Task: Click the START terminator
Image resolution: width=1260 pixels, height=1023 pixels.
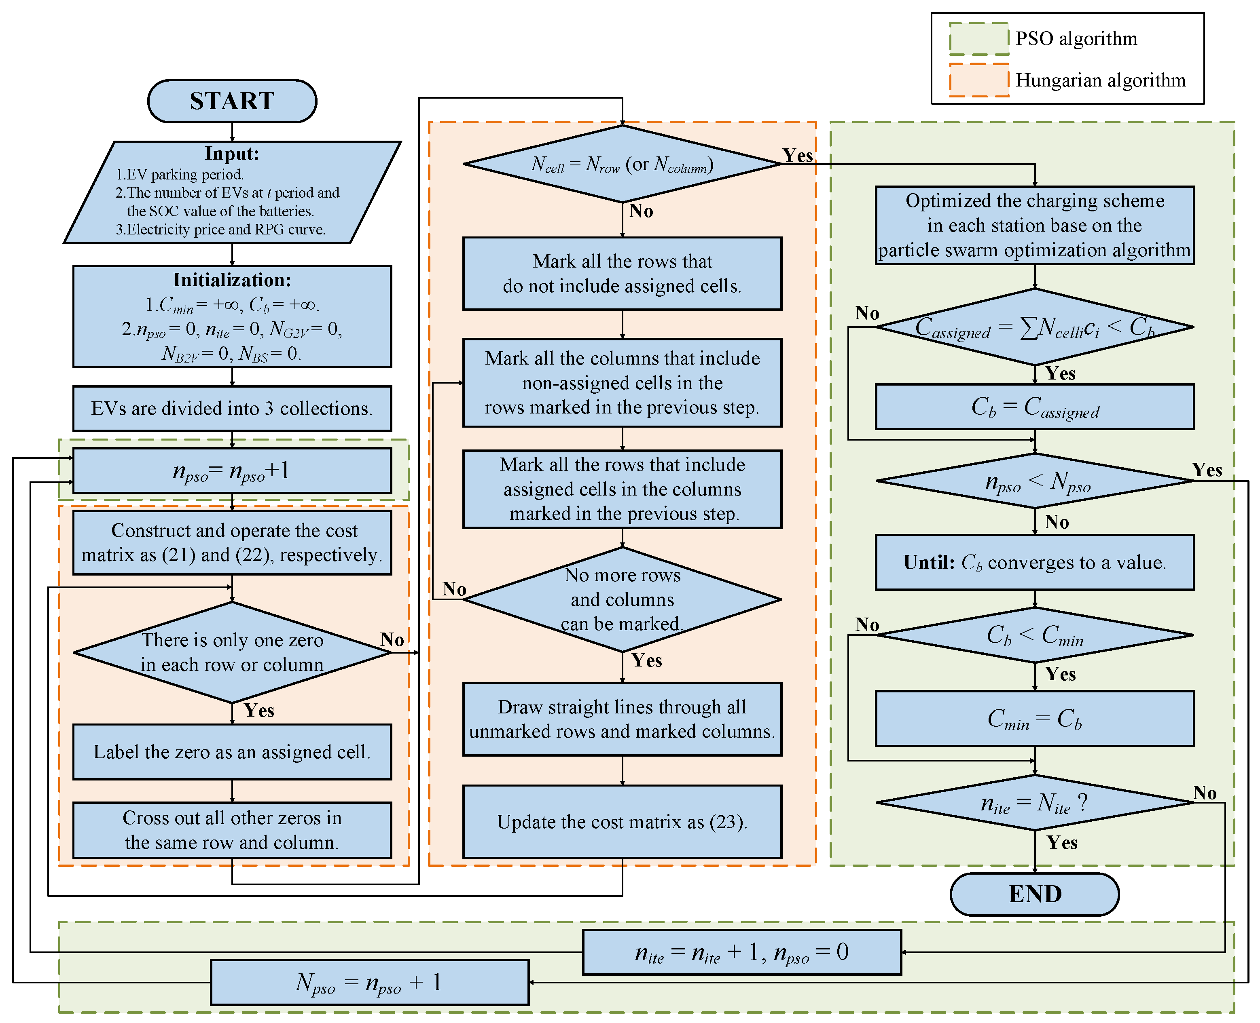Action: pos(232,101)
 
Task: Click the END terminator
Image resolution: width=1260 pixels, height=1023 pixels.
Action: pos(1034,894)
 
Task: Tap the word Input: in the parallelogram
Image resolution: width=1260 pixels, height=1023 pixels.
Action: pos(232,154)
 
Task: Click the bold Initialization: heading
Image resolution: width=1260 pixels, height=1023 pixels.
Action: pos(232,280)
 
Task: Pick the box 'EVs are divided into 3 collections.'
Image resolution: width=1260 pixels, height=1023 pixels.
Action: pos(232,408)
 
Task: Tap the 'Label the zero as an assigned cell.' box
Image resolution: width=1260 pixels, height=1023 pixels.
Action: pos(232,752)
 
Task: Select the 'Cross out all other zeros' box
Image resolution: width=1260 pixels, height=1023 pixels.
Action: pos(232,830)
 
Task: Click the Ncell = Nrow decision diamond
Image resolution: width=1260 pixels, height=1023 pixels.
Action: pos(622,164)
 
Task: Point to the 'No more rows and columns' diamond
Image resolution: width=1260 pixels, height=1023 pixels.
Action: pos(622,599)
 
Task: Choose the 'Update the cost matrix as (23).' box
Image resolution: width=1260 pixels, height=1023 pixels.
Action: pos(622,821)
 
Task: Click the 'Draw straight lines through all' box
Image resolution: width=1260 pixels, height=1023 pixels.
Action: pos(622,719)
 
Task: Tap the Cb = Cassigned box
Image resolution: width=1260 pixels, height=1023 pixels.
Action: pos(1034,407)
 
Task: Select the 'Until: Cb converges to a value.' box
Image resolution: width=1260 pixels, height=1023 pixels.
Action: pos(1034,562)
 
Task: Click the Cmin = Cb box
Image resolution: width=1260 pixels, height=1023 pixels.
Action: pos(1034,718)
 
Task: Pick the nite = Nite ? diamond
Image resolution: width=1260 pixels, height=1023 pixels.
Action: pos(1034,803)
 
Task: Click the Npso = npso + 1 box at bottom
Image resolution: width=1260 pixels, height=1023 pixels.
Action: pos(370,982)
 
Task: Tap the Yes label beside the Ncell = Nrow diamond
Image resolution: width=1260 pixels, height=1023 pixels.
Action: pos(797,156)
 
